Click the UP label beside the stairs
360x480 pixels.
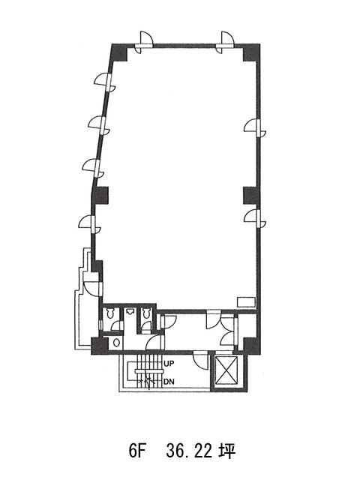click(169, 364)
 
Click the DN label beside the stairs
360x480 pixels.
click(169, 382)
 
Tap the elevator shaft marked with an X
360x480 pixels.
click(226, 370)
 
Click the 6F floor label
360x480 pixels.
click(136, 451)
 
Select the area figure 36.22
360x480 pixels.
click(189, 451)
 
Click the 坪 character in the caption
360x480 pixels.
click(227, 451)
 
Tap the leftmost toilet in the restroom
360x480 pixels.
click(109, 313)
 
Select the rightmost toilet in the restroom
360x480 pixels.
click(146, 313)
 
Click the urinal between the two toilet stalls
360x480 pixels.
click(130, 312)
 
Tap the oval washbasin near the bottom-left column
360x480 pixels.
click(116, 343)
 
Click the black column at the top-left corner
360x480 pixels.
click(118, 53)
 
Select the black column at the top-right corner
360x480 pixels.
click(252, 53)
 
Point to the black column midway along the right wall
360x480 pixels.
click(252, 196)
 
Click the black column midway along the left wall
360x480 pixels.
click(100, 196)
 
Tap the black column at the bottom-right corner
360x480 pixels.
click(252, 346)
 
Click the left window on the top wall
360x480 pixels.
click(144, 43)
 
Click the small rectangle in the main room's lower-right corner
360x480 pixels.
click(246, 301)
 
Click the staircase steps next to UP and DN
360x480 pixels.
click(148, 371)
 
